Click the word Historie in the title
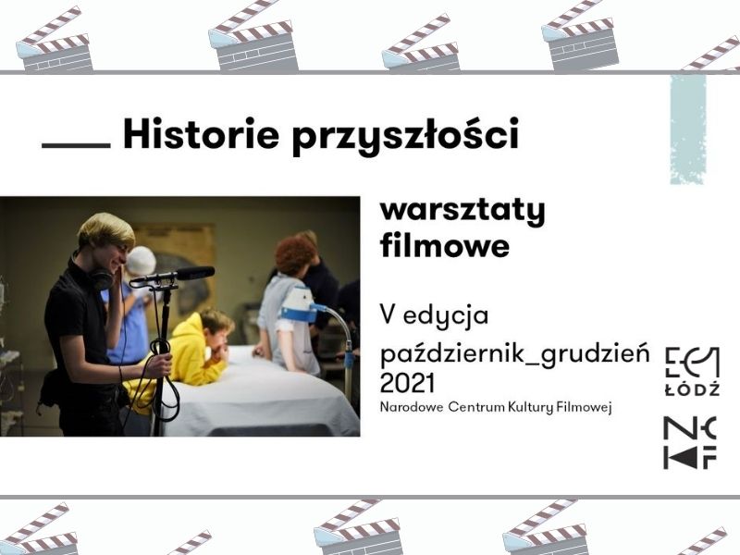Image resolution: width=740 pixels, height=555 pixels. [201, 133]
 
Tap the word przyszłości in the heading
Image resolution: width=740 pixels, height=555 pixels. [405, 136]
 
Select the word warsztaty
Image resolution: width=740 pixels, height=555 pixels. [462, 211]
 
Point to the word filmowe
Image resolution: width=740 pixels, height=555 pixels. [445, 246]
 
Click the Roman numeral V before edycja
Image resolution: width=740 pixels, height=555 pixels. [388, 314]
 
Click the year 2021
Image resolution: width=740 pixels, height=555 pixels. [407, 383]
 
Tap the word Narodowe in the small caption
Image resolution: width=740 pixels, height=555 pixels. [411, 407]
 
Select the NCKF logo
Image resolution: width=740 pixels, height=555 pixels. [690, 443]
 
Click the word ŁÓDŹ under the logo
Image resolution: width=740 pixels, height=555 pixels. [692, 389]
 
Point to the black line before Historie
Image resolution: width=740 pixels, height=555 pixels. [76, 145]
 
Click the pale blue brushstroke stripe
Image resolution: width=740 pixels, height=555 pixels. [688, 129]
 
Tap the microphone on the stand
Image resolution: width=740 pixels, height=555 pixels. [172, 276]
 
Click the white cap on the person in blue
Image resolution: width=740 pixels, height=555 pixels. [142, 261]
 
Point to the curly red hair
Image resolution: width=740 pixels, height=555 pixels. [295, 254]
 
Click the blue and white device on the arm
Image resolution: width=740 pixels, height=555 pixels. [299, 304]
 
